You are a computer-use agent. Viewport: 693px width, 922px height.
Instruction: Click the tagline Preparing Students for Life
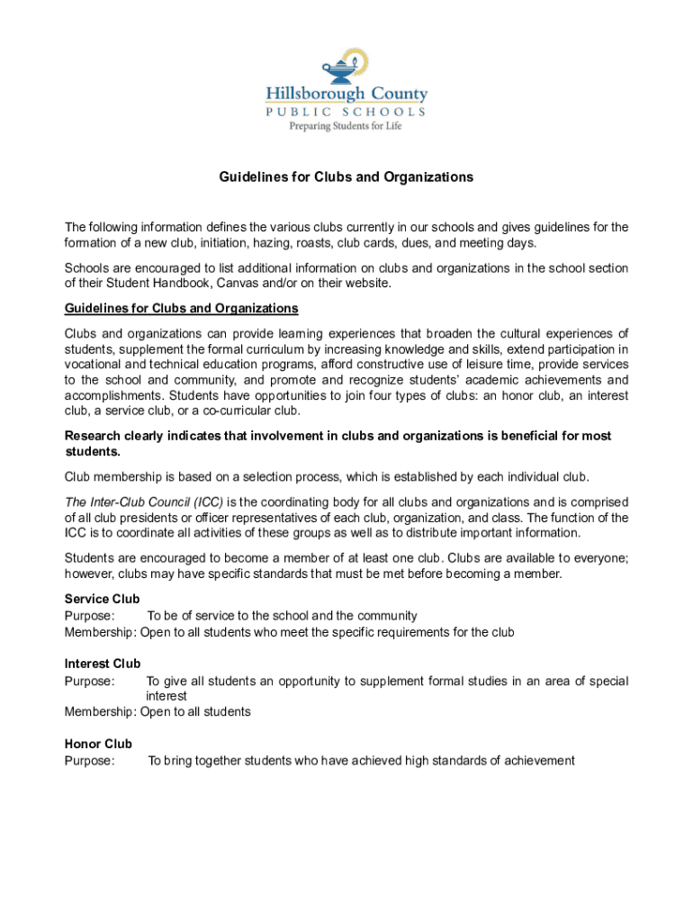345,126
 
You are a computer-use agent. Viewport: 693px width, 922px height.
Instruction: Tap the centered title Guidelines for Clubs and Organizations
346,177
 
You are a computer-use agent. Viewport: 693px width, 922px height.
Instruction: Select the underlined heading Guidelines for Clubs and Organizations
181,309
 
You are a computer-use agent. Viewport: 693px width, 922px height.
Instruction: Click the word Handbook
162,284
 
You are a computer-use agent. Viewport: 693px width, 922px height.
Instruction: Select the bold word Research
94,436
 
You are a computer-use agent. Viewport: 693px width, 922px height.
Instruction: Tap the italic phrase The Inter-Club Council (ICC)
143,502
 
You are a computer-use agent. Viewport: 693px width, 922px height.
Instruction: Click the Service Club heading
102,599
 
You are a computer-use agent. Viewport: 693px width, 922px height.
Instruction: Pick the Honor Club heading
98,744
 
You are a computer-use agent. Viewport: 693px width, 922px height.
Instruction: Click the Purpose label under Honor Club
89,761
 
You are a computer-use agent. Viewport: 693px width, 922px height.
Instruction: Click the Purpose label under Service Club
89,616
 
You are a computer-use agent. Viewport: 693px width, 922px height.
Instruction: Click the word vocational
94,364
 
